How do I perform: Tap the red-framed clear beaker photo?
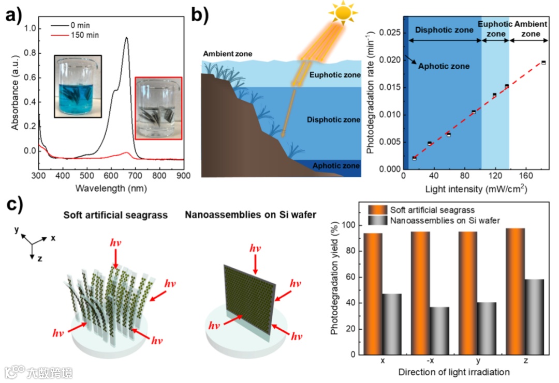[159, 108]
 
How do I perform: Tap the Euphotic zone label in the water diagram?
[334, 75]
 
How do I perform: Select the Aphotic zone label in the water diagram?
[336, 166]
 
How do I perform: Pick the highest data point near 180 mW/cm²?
[543, 63]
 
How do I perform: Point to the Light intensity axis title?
[476, 189]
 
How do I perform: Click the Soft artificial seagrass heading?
[115, 215]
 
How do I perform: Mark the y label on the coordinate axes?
[18, 229]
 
